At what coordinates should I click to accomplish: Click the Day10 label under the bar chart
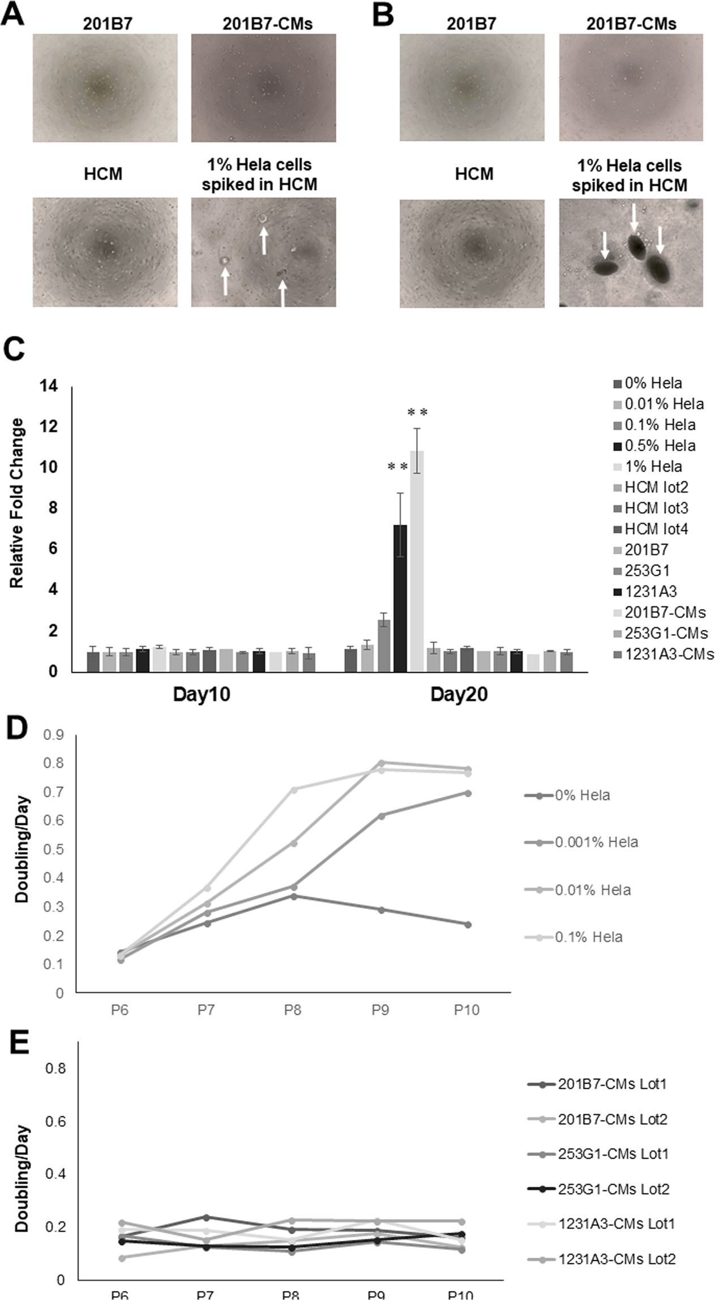(x=202, y=695)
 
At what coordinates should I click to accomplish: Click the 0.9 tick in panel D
(x=57, y=735)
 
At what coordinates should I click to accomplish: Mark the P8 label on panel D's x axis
(x=293, y=1010)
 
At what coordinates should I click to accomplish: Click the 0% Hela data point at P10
(x=468, y=925)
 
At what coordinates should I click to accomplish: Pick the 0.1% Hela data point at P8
(x=293, y=789)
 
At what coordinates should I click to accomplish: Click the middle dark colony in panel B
(x=636, y=245)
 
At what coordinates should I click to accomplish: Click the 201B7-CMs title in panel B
(x=631, y=23)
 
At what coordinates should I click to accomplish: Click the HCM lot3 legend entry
(x=656, y=508)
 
